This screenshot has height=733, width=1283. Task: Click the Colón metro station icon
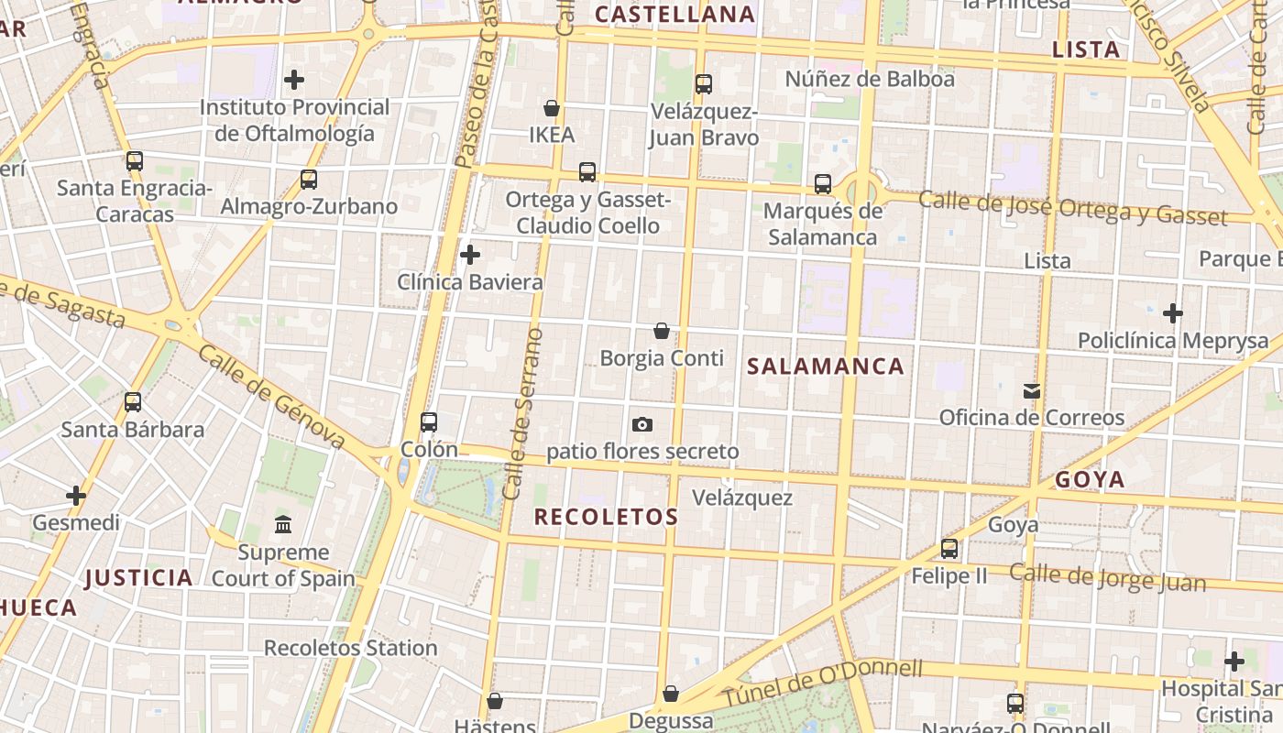[x=429, y=422]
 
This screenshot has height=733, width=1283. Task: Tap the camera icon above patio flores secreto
[x=642, y=424]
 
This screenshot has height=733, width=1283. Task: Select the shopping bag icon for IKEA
[x=552, y=108]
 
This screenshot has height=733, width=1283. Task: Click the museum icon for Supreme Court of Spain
[x=283, y=525]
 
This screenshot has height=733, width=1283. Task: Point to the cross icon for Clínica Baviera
[x=470, y=254]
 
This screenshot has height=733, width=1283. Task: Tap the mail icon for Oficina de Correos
[x=1032, y=391]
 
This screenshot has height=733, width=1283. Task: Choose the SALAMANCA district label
[x=826, y=366]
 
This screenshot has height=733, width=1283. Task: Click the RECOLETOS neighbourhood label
[x=607, y=517]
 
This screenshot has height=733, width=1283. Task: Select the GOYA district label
[x=1090, y=479]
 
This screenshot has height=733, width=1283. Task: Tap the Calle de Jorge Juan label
[x=1095, y=577]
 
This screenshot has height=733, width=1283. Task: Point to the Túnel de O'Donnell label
[x=822, y=681]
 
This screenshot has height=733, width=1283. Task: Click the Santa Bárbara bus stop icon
[x=133, y=401]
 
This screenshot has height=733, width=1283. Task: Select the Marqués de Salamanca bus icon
[x=823, y=184]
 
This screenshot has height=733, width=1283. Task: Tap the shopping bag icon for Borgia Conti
[x=662, y=331]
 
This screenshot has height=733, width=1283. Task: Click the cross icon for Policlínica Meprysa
[x=1173, y=313]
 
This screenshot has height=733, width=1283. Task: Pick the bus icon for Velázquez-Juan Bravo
[x=704, y=84]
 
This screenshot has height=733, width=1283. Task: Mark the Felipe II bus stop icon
[x=949, y=549]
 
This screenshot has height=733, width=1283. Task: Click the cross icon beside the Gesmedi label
[x=76, y=496]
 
